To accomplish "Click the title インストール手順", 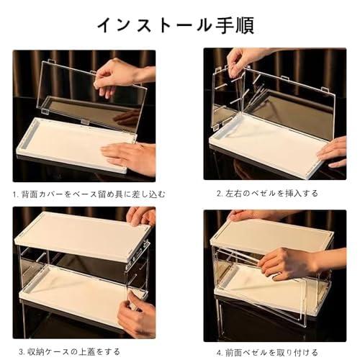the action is [176, 25].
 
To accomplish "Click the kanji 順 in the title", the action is [244, 25].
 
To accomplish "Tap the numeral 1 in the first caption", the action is [14, 194].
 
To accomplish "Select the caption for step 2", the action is [267, 193].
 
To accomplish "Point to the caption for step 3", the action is [70, 352].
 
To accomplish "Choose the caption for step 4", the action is [267, 353].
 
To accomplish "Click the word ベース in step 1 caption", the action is [85, 194].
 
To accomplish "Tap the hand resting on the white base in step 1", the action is [128, 157].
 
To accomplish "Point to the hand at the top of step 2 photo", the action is [245, 60].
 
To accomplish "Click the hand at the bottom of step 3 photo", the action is [137, 317].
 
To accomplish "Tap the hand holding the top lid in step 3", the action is [141, 216].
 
